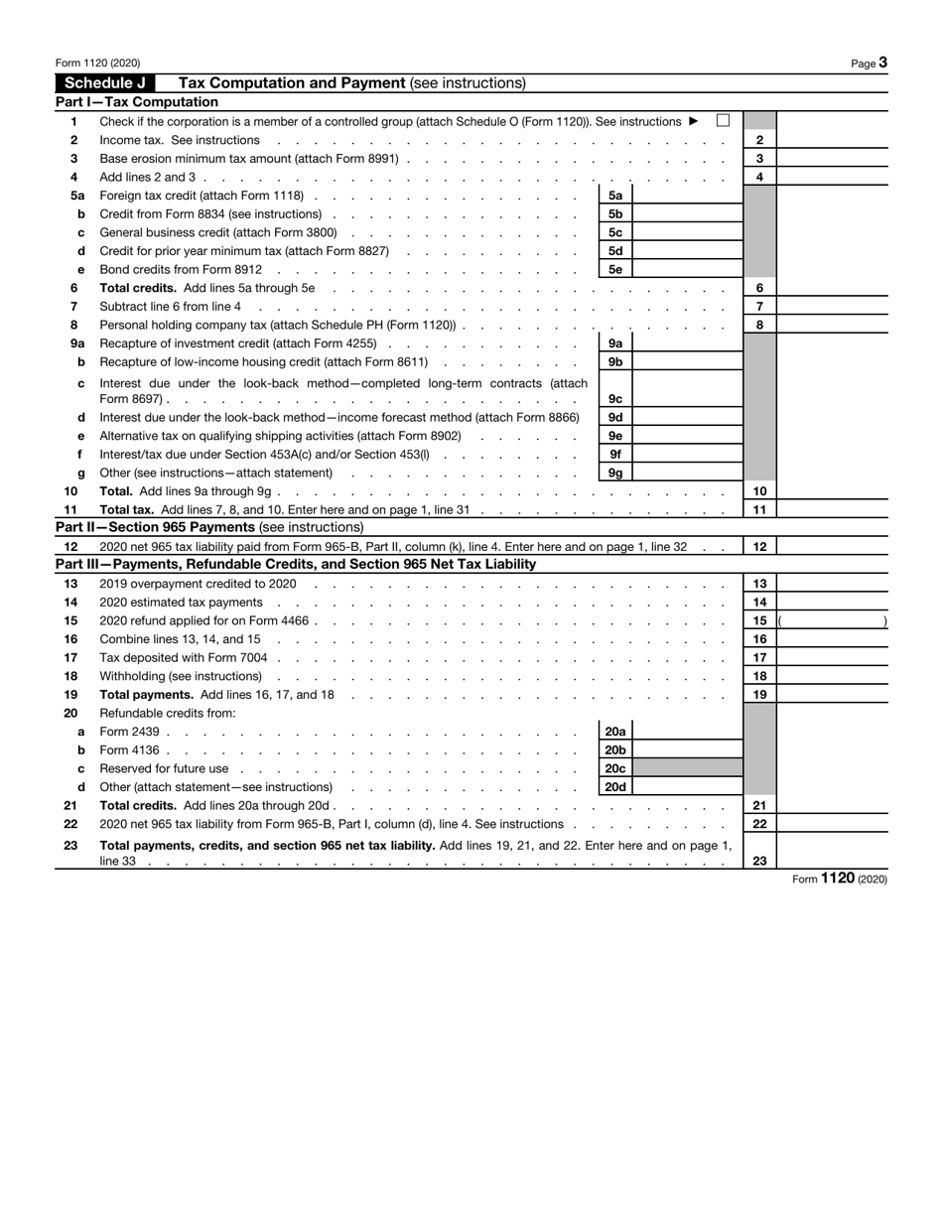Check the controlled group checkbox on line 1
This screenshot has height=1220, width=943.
pyautogui.click(x=723, y=121)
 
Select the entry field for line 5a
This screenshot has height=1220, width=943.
pyautogui.click(x=686, y=196)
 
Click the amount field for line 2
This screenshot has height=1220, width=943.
pyautogui.click(x=832, y=141)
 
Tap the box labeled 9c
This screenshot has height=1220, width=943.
pyautogui.click(x=615, y=399)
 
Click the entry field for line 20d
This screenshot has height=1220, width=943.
pyautogui.click(x=686, y=787)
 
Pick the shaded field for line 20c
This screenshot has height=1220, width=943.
pyautogui.click(x=686, y=768)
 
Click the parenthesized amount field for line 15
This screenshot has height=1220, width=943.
pyautogui.click(x=832, y=621)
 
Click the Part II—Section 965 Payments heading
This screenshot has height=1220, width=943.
pyautogui.click(x=209, y=527)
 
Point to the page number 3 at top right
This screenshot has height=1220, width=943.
pyautogui.click(x=881, y=63)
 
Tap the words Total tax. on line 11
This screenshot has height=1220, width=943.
pyautogui.click(x=127, y=509)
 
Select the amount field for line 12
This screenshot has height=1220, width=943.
pyautogui.click(x=832, y=546)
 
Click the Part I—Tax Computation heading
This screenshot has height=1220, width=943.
pyautogui.click(x=137, y=102)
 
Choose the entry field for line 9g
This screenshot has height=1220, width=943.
pyautogui.click(x=686, y=473)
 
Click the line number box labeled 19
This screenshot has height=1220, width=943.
pyautogui.click(x=759, y=695)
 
